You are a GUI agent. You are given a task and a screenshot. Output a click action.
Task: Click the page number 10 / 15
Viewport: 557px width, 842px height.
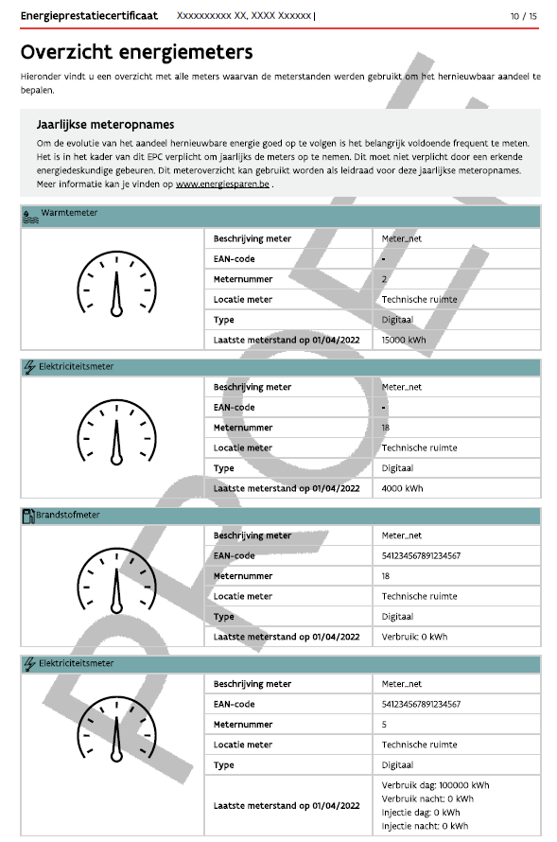coord(523,16)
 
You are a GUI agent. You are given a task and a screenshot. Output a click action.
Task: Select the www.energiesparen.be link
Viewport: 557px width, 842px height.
coord(222,184)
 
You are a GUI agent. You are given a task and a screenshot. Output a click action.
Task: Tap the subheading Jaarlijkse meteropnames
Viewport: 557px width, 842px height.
coord(105,124)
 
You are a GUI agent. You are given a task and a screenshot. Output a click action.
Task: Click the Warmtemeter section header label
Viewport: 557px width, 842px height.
coord(69,214)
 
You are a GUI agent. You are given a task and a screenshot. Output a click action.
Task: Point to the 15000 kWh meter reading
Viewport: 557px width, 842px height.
coord(406,340)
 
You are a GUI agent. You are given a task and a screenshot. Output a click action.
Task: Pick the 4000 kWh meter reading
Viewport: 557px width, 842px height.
coord(403,488)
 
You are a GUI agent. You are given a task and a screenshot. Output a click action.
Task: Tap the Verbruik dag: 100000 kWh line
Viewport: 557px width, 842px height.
coord(435,785)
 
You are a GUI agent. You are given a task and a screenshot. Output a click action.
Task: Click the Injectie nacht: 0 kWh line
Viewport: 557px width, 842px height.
coord(425,825)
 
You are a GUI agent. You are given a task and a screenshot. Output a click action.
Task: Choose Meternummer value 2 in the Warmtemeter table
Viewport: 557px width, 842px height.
coord(384,279)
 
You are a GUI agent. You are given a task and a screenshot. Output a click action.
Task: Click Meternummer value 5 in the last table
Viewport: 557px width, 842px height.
coord(384,725)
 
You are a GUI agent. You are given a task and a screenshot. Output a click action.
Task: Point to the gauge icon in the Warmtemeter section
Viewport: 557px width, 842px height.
coord(117,284)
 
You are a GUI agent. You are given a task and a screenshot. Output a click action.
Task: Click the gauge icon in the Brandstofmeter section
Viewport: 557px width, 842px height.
coord(117,581)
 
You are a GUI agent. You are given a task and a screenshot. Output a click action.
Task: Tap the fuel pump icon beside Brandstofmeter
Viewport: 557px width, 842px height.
coord(27,516)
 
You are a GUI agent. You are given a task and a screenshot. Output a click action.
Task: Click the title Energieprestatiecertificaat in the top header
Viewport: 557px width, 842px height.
coord(89,16)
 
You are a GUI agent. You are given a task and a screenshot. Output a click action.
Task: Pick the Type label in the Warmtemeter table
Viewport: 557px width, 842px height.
coord(224,320)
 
